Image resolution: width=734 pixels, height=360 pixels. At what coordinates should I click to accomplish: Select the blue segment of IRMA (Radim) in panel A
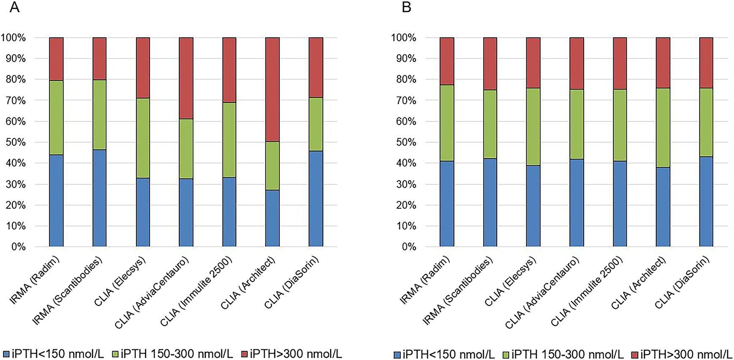tap(56, 200)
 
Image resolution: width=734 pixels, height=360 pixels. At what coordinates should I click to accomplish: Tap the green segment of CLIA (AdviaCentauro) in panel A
tap(186, 149)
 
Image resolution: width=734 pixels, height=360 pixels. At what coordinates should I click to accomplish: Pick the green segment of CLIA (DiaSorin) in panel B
tap(706, 122)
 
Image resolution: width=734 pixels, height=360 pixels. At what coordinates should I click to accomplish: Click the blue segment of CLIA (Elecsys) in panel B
tap(533, 206)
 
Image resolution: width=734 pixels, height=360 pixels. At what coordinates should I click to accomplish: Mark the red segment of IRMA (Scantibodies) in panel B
tap(490, 64)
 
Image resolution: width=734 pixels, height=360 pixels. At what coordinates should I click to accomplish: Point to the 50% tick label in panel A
tap(16, 142)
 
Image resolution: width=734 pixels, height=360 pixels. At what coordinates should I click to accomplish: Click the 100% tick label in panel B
tap(404, 38)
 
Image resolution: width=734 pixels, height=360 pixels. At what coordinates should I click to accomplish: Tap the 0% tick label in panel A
tap(18, 247)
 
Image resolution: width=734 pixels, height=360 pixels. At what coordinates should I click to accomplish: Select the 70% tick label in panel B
tap(406, 100)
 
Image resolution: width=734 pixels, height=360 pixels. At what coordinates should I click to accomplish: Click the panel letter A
tap(14, 8)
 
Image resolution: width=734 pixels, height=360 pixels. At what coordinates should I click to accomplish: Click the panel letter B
tap(406, 8)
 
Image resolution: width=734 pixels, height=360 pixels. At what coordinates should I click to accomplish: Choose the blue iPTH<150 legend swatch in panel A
tap(6, 354)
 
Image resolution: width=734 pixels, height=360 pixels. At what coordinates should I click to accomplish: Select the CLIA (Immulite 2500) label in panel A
tap(196, 291)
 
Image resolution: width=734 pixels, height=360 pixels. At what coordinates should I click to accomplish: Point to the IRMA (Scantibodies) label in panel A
tap(68, 291)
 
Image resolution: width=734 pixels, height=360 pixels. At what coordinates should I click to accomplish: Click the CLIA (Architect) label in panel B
tap(639, 283)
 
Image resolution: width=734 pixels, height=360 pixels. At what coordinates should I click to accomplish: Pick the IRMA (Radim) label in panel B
tap(425, 280)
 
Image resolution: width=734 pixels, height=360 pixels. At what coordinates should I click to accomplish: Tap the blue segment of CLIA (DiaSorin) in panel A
tap(316, 198)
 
